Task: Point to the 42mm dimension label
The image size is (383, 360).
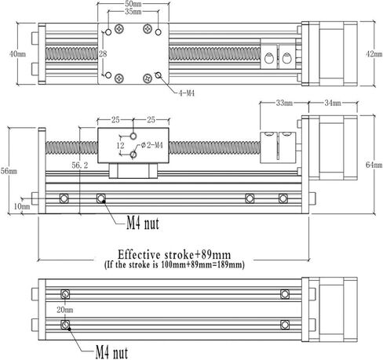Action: coord(374,56)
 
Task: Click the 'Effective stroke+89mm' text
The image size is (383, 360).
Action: coord(174,254)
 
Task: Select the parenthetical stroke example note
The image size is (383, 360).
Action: coord(174,265)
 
